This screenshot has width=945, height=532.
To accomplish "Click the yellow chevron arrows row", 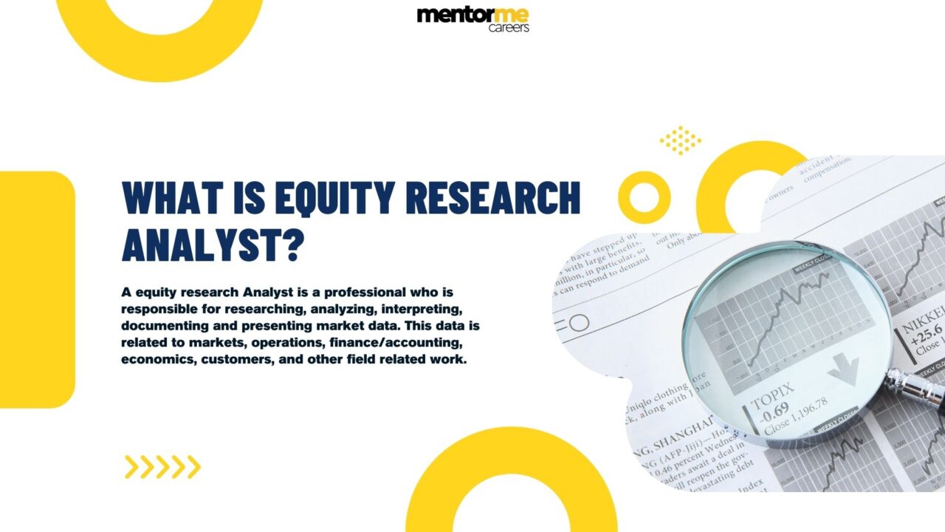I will [162, 467].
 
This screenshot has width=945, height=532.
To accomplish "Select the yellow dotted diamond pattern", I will [680, 140].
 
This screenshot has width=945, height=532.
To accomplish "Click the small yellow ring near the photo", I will [644, 197].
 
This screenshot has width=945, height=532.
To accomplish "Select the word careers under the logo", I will [509, 28].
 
